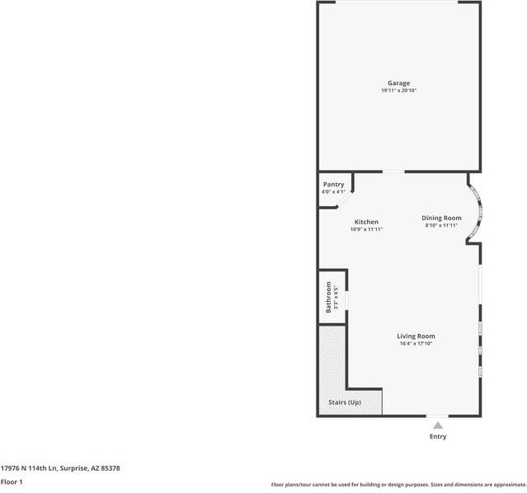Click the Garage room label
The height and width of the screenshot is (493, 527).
coord(399,83)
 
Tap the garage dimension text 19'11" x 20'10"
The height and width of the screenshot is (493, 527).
coord(399,92)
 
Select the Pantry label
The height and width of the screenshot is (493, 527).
coord(333,185)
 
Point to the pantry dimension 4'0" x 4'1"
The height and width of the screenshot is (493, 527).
coord(333,192)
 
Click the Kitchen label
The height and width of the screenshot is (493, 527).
coord(366,222)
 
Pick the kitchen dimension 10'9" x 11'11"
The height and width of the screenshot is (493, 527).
coord(366,229)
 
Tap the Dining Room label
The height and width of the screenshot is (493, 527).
coord(441,218)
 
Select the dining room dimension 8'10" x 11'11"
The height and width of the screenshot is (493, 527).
coord(441,225)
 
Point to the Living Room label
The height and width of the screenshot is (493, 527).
coord(416,336)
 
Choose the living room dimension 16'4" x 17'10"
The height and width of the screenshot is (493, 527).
coord(416,344)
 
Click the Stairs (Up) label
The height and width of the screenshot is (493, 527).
coord(345,402)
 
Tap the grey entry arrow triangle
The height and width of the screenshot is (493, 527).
coord(438,425)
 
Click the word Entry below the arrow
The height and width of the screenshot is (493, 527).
coord(438,437)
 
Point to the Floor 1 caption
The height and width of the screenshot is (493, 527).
coord(12,481)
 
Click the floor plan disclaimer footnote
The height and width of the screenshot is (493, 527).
coord(398,485)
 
